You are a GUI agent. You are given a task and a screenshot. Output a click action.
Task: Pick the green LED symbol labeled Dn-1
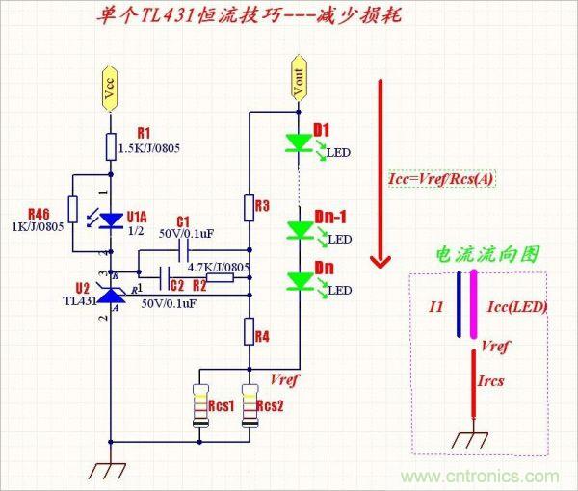pos(299,230)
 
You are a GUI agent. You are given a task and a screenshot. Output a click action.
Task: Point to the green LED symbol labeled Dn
pos(299,281)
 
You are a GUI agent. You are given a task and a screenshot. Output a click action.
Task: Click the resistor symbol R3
pos(249,205)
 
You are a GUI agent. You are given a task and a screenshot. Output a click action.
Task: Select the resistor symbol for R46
pos(73,209)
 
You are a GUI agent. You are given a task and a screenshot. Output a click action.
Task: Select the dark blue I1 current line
pos(458,303)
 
